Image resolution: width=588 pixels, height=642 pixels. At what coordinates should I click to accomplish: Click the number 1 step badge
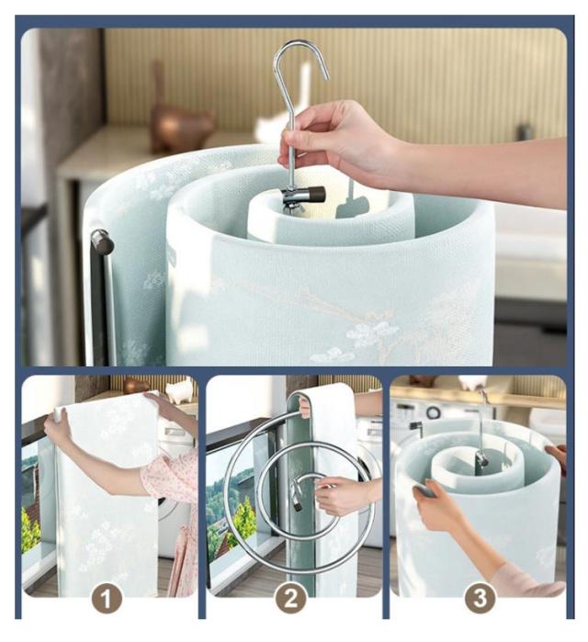pyautogui.click(x=107, y=599)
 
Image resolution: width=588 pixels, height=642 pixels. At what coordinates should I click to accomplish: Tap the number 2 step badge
pyautogui.click(x=291, y=598)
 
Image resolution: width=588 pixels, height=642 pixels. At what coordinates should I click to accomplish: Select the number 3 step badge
pyautogui.click(x=480, y=598)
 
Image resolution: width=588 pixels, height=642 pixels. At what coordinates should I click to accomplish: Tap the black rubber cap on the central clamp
pyautogui.click(x=316, y=193)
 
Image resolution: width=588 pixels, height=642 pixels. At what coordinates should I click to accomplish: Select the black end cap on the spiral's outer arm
pyautogui.click(x=102, y=242)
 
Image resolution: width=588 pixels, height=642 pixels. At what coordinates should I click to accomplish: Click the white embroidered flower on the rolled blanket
pyautogui.click(x=367, y=332)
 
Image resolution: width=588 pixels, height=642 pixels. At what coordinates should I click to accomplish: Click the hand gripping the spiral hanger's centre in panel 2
pyautogui.click(x=340, y=495)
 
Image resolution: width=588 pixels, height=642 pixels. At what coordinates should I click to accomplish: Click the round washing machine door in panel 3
pyautogui.click(x=434, y=412)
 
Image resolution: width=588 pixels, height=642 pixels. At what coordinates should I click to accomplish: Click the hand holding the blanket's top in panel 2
pyautogui.click(x=304, y=406)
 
